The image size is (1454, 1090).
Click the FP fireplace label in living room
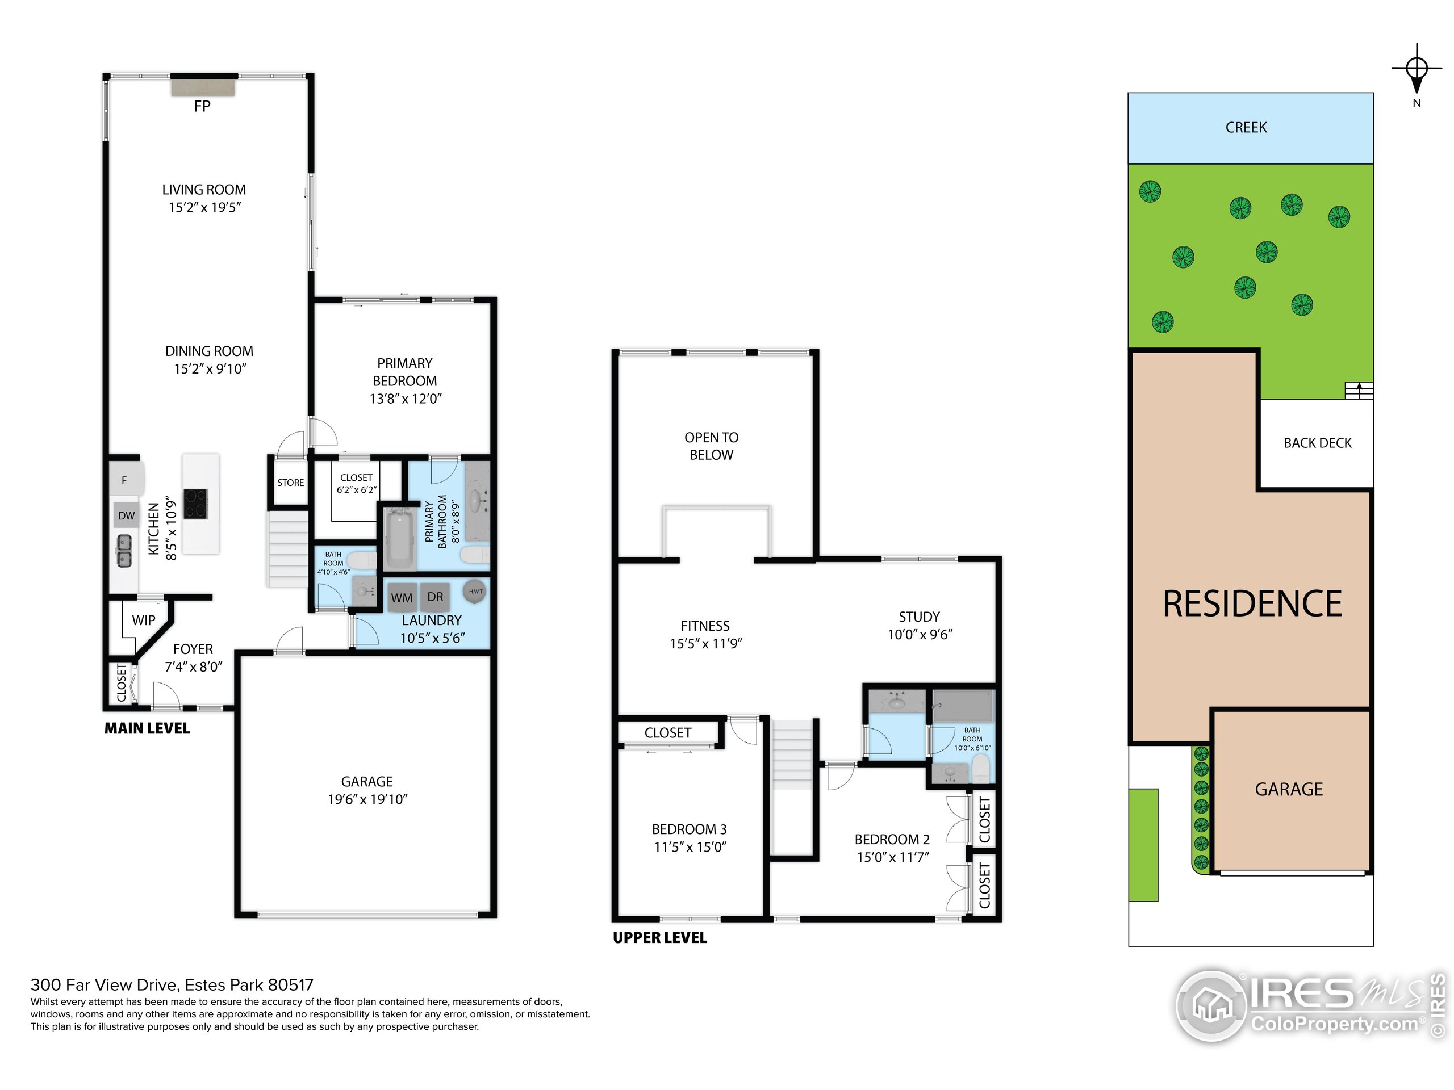point(202,106)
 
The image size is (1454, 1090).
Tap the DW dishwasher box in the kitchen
point(126,515)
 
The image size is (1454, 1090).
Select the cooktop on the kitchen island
point(196,504)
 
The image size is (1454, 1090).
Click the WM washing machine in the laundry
point(402,598)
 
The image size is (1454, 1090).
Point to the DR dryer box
point(435,597)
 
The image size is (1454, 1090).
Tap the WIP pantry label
point(143,621)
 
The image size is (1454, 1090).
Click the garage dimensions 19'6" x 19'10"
point(367,799)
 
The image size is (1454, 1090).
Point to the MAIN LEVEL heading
point(147,728)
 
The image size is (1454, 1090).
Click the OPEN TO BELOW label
point(711,446)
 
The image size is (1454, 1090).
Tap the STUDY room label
point(919,617)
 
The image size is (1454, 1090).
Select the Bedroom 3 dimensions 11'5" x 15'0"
point(690,848)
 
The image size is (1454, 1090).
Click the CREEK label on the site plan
point(1246,128)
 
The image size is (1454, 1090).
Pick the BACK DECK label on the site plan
point(1317,443)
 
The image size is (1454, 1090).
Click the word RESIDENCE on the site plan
point(1252,605)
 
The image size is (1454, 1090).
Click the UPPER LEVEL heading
point(660,938)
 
